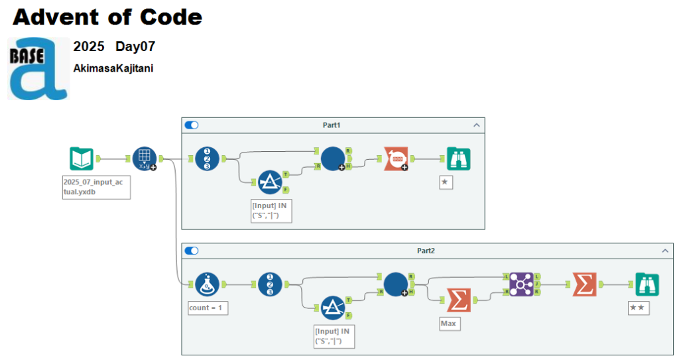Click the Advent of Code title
(x=107, y=17)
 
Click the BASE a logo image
(x=38, y=68)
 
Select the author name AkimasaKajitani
(x=113, y=68)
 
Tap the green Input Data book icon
(x=82, y=158)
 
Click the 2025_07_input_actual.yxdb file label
(x=93, y=187)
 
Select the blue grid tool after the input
(x=144, y=158)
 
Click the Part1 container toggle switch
(x=192, y=125)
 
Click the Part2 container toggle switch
(x=192, y=251)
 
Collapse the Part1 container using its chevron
(x=475, y=125)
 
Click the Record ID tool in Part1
(x=207, y=158)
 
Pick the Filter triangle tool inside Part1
(x=269, y=181)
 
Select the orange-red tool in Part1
(x=395, y=158)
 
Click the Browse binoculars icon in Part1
(x=458, y=158)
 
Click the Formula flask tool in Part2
(x=207, y=284)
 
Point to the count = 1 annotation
(x=208, y=308)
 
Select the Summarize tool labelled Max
(x=458, y=300)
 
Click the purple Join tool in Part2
(x=521, y=284)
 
